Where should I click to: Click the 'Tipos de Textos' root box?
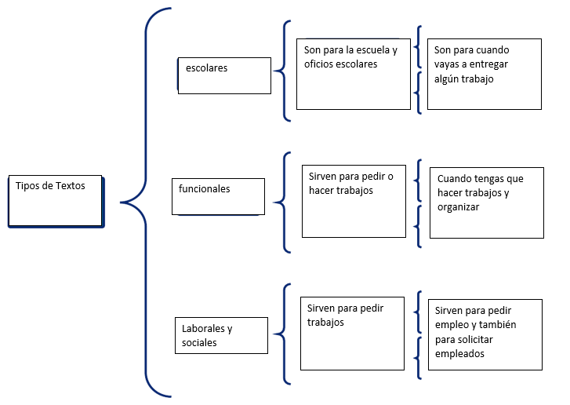pyautogui.click(x=55, y=200)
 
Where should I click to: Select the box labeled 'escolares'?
pyautogui.click(x=224, y=75)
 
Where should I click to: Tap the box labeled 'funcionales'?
pyautogui.click(x=218, y=196)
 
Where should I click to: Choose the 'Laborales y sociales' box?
pyautogui.click(x=221, y=336)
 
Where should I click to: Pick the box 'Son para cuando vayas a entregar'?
pyautogui.click(x=484, y=74)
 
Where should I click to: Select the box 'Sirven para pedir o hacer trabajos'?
pyautogui.click(x=354, y=200)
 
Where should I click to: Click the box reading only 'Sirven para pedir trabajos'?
pyautogui.click(x=352, y=332)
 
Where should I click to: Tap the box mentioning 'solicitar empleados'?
pyautogui.click(x=486, y=334)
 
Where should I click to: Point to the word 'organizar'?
pyautogui.click(x=459, y=208)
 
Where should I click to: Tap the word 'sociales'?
pyautogui.click(x=199, y=343)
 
